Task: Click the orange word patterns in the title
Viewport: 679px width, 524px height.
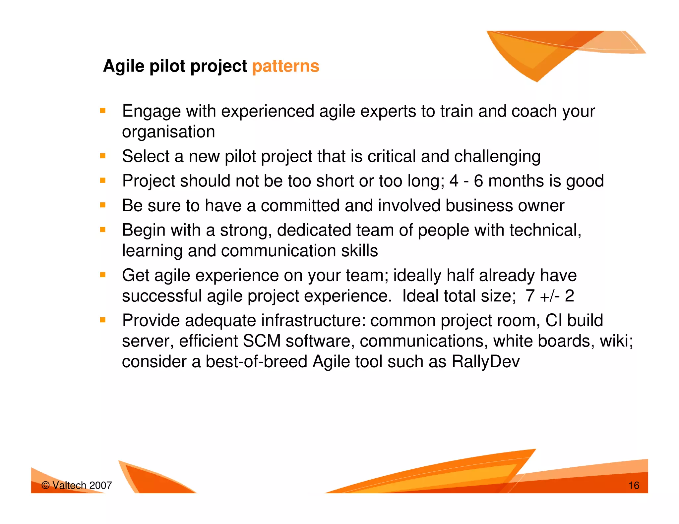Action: click(285, 66)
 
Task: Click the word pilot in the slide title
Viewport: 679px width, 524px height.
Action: click(167, 66)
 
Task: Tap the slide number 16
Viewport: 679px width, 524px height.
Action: click(634, 486)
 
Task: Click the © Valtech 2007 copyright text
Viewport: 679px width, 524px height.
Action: click(77, 486)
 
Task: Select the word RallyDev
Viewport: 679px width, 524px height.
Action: click(485, 361)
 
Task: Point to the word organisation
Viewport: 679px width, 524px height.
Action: click(168, 132)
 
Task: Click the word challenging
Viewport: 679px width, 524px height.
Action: click(497, 156)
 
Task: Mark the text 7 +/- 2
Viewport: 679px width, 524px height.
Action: click(550, 296)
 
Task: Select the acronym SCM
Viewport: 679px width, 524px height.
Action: click(262, 341)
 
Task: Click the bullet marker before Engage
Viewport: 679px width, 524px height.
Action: click(103, 111)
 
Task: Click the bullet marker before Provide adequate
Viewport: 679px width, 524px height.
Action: click(103, 320)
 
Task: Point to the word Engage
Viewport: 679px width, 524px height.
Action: click(151, 111)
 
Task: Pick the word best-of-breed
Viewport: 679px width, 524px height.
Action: click(256, 361)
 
